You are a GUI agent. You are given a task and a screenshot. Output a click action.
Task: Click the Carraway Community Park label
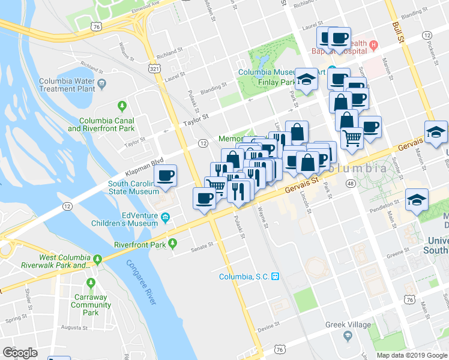click(x=91, y=304)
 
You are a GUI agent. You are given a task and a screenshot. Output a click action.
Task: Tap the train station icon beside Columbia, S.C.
click(x=276, y=277)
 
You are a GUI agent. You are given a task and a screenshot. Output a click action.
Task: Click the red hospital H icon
click(x=373, y=44)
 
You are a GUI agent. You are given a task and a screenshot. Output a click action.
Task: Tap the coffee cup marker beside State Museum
click(x=166, y=176)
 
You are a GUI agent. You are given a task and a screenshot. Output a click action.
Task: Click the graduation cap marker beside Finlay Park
click(x=306, y=82)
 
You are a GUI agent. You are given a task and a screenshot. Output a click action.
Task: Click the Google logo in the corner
click(x=20, y=353)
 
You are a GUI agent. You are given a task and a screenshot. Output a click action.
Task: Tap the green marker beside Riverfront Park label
click(x=173, y=243)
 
